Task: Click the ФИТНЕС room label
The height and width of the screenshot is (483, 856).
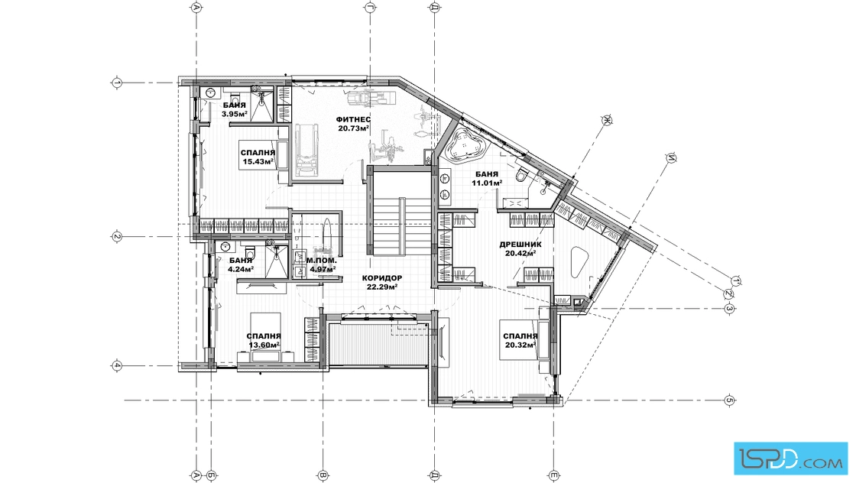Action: (353, 119)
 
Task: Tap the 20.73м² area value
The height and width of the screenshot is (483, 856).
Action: (353, 129)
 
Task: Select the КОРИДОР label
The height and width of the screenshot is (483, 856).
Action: (381, 277)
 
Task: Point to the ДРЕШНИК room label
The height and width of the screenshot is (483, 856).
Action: (520, 245)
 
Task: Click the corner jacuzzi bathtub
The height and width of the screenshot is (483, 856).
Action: (465, 144)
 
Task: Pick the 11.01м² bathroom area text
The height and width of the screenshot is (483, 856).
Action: (487, 183)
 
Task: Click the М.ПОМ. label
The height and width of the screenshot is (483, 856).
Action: (322, 261)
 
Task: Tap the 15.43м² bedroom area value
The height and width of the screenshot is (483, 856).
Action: (258, 162)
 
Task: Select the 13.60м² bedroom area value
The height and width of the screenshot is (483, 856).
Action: (264, 345)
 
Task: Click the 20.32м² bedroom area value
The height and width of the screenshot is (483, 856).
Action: (520, 345)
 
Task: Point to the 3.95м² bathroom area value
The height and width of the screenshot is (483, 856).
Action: (234, 114)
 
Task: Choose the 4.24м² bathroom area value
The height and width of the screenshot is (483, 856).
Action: (240, 269)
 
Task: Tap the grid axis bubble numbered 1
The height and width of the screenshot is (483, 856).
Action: (117, 83)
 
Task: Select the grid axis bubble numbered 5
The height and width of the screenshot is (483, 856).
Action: (730, 400)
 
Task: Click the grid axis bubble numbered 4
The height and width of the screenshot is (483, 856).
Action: (117, 365)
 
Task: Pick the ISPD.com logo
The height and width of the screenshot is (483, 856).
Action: (790, 458)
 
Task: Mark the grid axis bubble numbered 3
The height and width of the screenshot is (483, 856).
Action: (730, 309)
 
